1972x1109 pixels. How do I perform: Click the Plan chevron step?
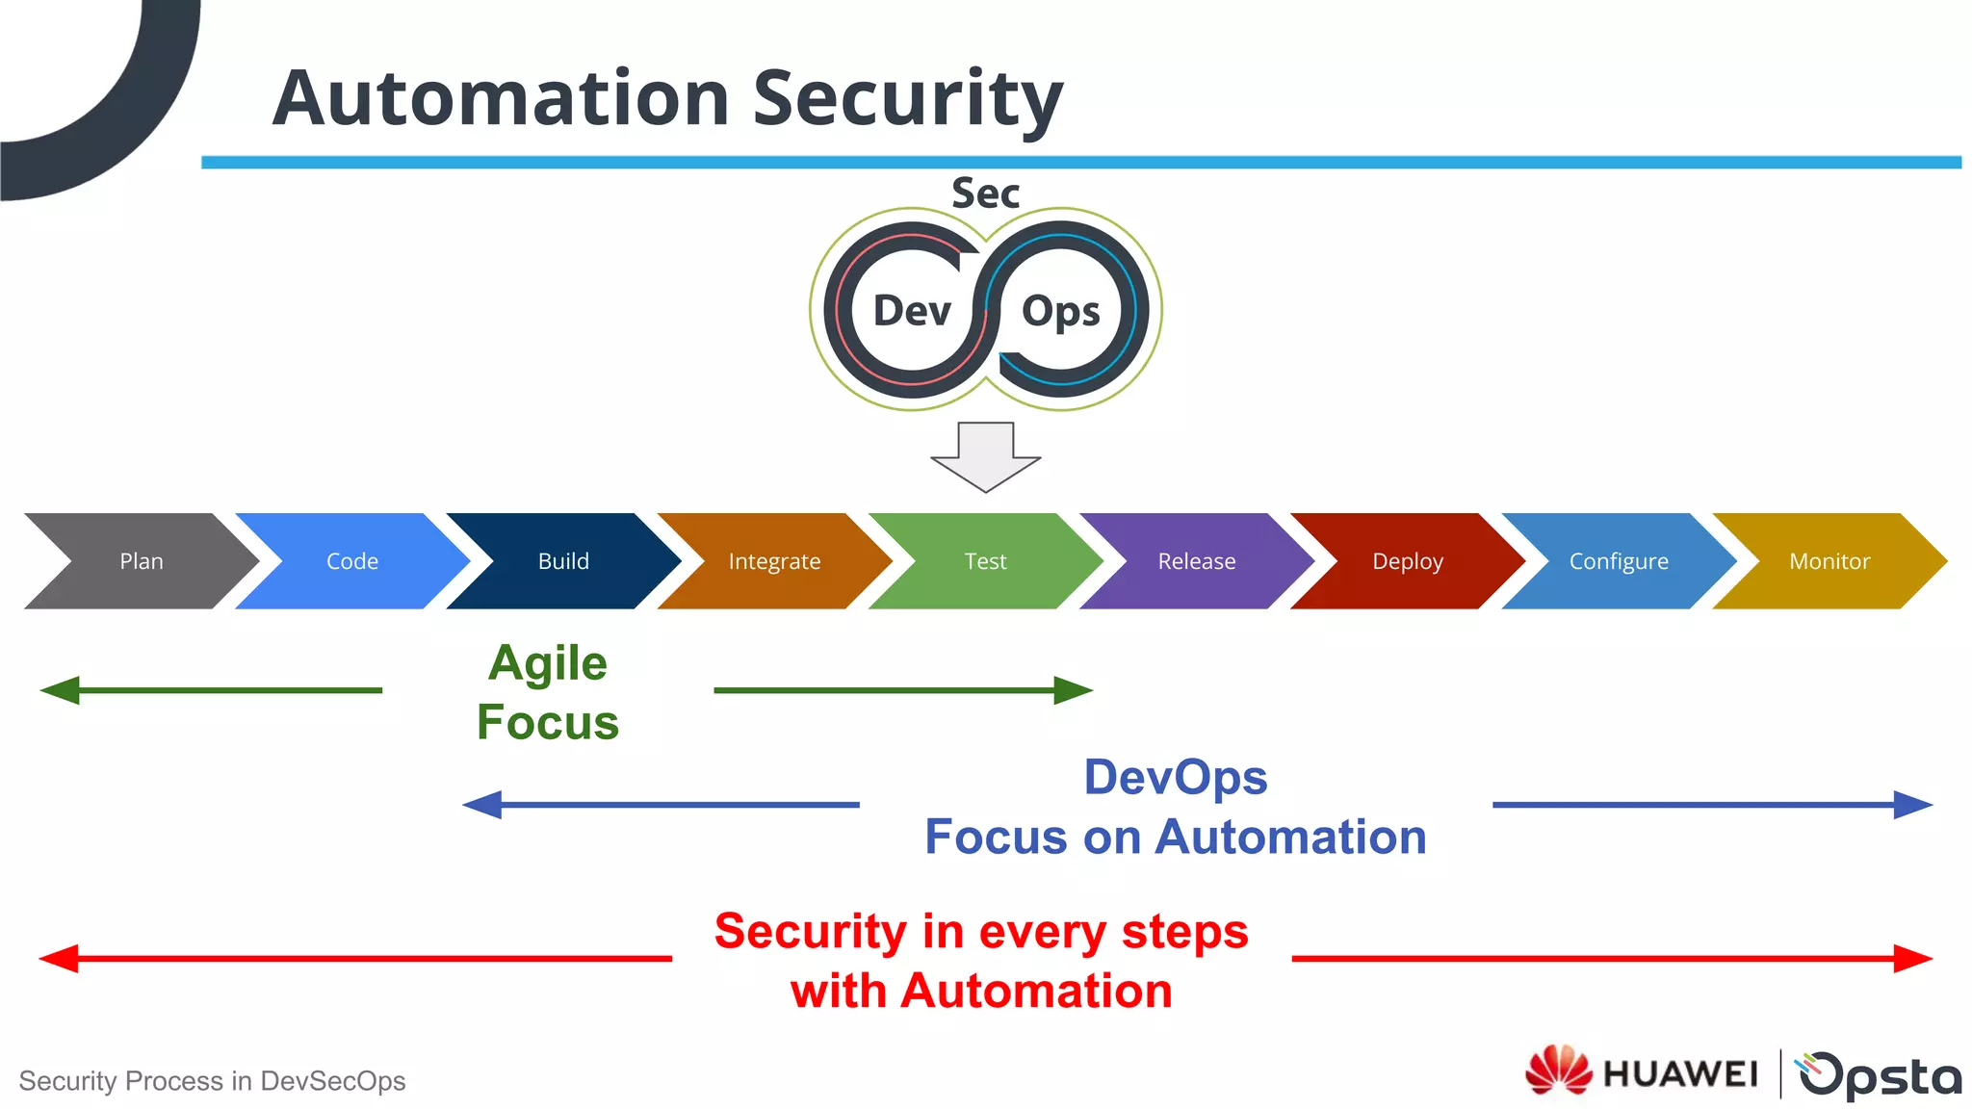142,561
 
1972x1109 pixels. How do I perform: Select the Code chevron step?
352,561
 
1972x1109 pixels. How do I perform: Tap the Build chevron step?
563,561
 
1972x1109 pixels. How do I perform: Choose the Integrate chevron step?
774,561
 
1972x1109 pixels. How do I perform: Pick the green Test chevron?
985,561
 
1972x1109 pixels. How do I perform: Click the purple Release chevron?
1196,561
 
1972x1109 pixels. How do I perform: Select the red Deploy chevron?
1407,561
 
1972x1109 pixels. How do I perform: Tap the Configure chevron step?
1619,561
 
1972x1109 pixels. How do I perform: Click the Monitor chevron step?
1829,561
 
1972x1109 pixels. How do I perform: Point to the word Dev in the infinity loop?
911,311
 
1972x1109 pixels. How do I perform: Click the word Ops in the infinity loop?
1060,312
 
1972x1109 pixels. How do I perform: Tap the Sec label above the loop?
985,193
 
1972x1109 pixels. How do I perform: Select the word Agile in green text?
548,663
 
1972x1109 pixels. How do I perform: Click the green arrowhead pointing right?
1073,690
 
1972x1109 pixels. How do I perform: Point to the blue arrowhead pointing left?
483,805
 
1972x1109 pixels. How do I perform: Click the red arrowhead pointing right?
1912,959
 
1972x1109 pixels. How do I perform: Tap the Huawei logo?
1642,1071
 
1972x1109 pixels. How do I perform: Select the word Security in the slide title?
907,99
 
